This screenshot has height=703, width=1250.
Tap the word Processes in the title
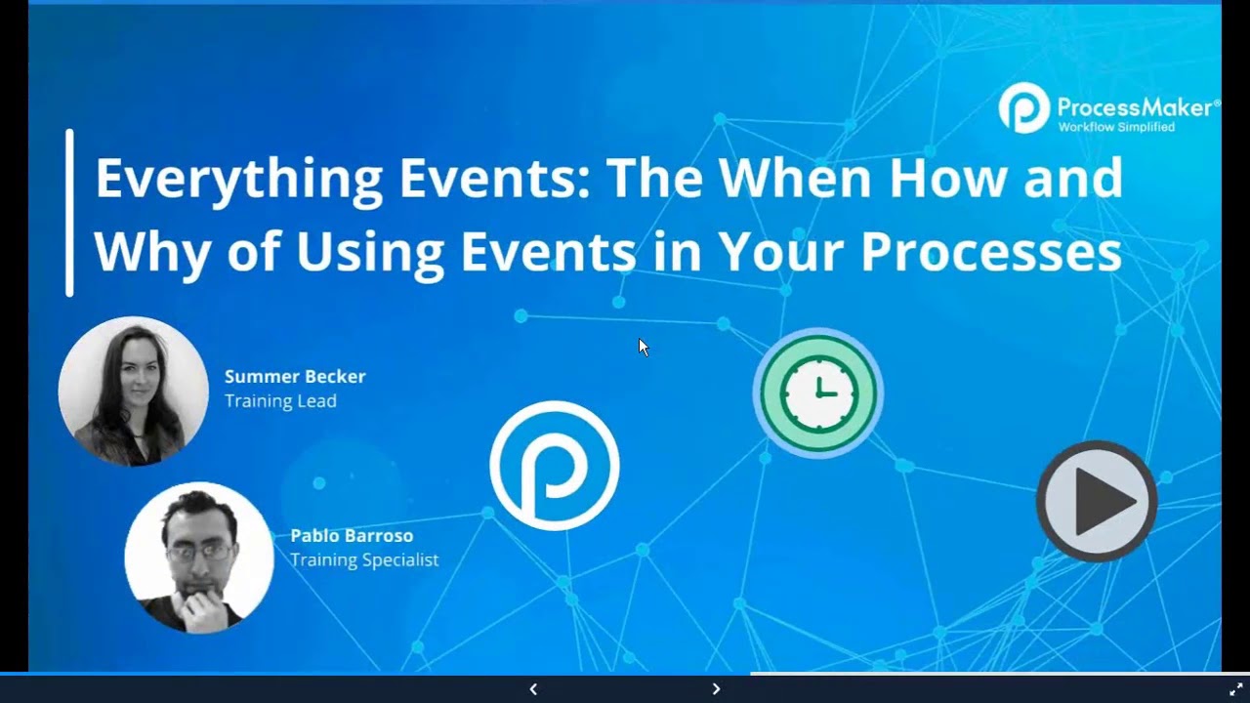click(990, 252)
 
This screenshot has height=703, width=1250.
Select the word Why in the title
click(150, 252)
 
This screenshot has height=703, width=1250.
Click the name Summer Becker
click(295, 377)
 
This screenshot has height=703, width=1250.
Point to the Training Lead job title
click(280, 401)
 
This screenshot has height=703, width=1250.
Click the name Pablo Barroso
click(352, 536)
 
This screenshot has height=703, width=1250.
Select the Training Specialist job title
click(363, 560)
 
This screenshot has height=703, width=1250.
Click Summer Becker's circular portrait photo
click(133, 391)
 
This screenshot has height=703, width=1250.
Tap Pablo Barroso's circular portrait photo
click(199, 557)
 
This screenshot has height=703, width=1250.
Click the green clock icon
click(818, 393)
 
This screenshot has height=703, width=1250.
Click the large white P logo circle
click(554, 466)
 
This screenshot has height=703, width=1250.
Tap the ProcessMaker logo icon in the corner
click(1022, 107)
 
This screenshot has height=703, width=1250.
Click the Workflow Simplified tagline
click(1116, 127)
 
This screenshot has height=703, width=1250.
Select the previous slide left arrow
click(533, 689)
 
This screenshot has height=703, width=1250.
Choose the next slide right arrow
click(716, 689)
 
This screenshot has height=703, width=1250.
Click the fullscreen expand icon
click(1235, 689)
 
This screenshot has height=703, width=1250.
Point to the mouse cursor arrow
click(643, 347)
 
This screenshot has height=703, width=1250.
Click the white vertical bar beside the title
click(69, 212)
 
